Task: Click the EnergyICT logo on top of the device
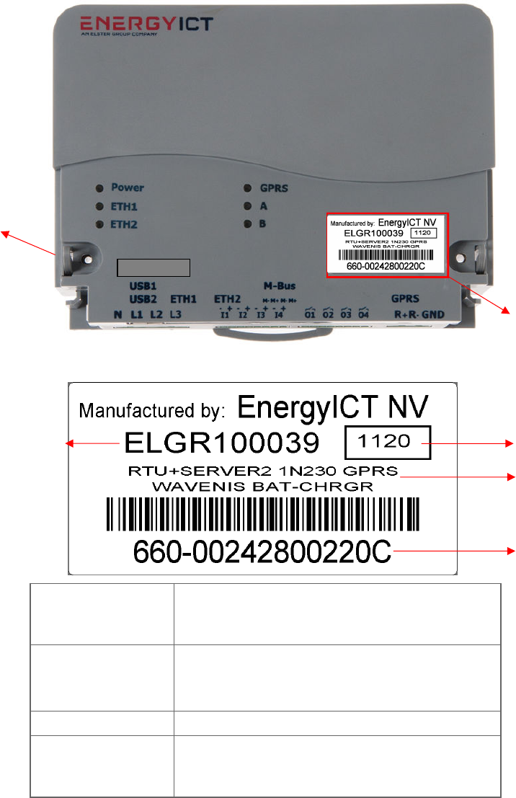pos(146,24)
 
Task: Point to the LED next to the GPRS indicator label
pos(248,189)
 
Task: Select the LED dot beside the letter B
pos(248,224)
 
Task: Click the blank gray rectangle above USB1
pos(153,267)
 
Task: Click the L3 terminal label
pos(176,314)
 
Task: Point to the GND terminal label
pos(434,314)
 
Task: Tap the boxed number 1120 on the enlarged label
pos(388,441)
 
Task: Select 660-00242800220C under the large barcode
pos(262,552)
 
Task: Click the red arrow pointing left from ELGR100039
pos(92,444)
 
